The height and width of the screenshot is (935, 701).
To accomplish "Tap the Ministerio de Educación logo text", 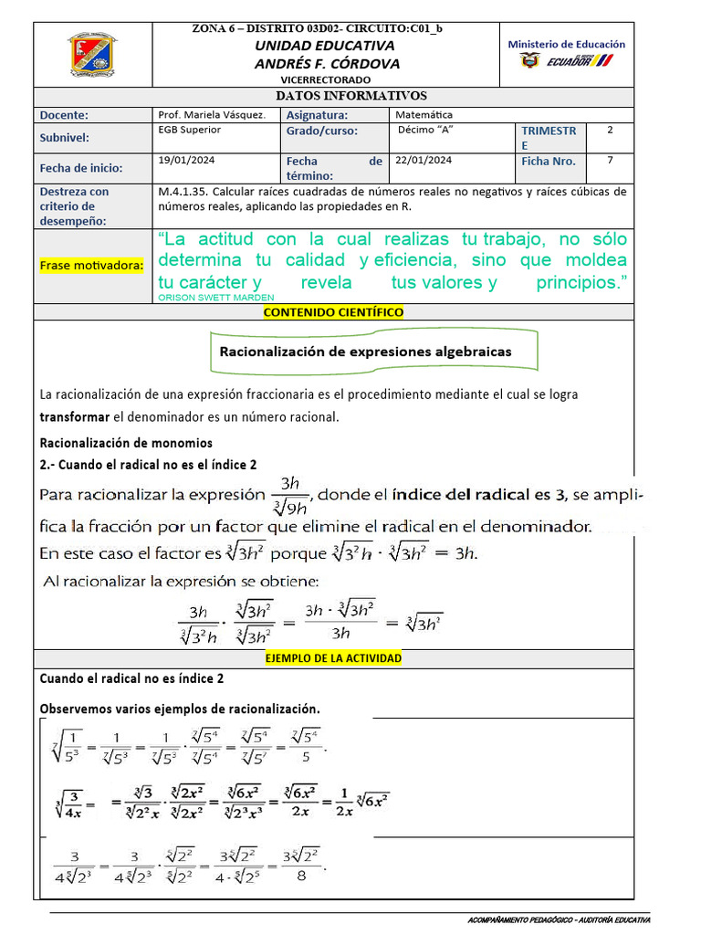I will click(x=566, y=44).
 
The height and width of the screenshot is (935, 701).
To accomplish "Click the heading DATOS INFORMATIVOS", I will click(x=351, y=96).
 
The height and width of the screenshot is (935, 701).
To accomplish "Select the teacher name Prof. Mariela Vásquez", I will click(x=212, y=115).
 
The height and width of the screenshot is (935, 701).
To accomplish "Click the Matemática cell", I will click(x=424, y=115).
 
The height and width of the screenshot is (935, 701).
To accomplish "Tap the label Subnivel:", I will click(x=66, y=137).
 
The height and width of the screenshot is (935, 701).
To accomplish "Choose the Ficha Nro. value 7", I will click(x=610, y=160).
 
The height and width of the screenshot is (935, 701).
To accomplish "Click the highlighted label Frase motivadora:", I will click(x=91, y=265).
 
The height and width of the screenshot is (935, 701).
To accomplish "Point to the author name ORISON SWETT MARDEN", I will click(x=215, y=298).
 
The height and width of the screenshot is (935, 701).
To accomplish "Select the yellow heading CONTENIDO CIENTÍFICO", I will click(x=333, y=312).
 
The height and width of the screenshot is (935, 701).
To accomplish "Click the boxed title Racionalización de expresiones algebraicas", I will click(x=365, y=352).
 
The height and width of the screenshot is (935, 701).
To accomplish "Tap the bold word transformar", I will click(x=74, y=417).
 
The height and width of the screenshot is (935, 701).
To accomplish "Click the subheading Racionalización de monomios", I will click(x=126, y=444).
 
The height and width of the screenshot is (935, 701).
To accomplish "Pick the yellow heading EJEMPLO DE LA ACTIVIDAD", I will click(x=333, y=657).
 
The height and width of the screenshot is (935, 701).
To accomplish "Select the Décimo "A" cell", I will click(x=425, y=130).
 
